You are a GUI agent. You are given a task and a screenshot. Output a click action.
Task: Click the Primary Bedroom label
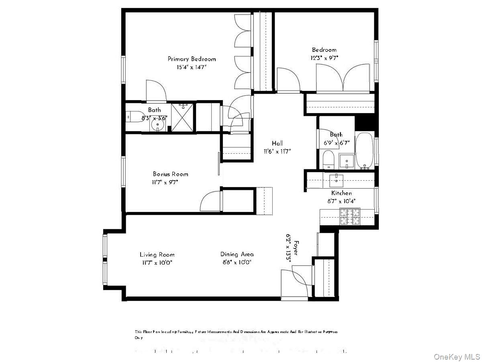192,59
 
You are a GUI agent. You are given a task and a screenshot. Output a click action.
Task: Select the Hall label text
277,143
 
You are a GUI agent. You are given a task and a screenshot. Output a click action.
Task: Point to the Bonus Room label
170,174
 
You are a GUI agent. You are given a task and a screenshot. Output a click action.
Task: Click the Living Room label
157,254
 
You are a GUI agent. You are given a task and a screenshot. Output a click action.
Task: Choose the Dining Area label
237,254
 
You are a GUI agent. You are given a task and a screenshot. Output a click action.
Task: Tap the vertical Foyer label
296,248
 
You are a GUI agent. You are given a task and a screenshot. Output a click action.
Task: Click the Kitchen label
341,193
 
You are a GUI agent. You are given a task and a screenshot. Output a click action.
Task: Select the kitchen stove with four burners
350,217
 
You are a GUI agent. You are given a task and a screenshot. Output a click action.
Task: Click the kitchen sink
335,179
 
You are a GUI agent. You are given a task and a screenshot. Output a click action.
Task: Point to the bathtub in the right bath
365,150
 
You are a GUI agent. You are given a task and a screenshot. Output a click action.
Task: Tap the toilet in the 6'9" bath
328,160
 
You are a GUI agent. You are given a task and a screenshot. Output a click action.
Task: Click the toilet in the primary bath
132,117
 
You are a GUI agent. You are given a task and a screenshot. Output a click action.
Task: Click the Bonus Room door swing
210,201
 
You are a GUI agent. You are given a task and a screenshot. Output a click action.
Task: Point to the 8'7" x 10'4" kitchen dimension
341,201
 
